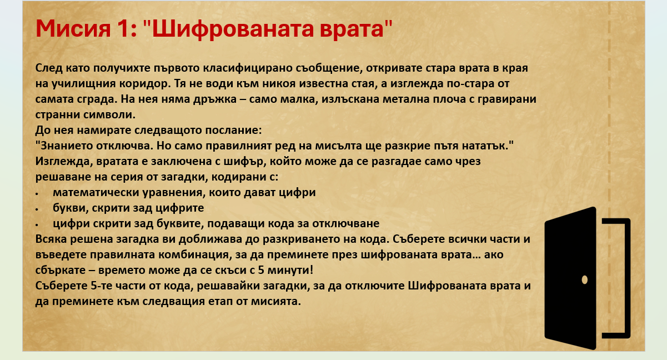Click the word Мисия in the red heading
click(x=73, y=29)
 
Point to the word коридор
click(x=145, y=84)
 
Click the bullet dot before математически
click(x=37, y=194)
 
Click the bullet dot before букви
click(x=37, y=209)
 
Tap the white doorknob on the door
click(x=584, y=280)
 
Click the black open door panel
click(x=570, y=278)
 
